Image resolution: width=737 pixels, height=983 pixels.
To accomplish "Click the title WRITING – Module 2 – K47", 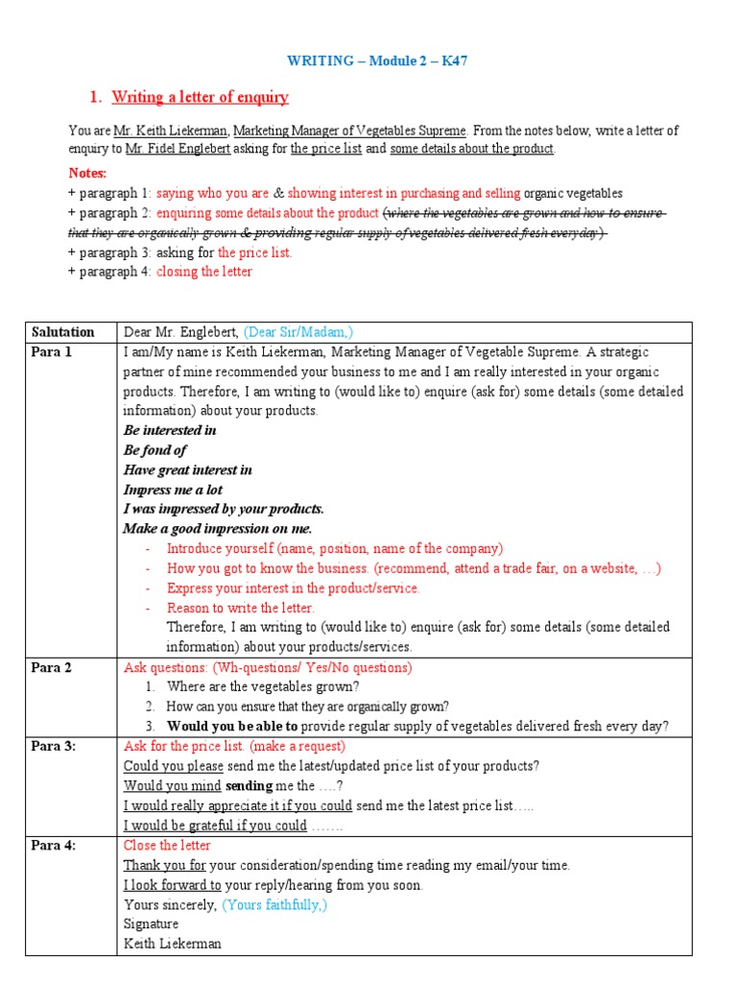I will pos(377,60).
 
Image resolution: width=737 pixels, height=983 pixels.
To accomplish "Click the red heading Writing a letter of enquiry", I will pos(200,97).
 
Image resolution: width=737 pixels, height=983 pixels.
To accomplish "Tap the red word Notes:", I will pos(87,173).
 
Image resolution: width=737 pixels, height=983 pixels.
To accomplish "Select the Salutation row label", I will pos(63,332).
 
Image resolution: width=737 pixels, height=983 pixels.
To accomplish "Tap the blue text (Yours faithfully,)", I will pos(274,904).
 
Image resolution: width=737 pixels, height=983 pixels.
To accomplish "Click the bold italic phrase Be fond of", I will pos(155,450).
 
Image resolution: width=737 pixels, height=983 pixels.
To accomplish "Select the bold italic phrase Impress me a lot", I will pos(173,490).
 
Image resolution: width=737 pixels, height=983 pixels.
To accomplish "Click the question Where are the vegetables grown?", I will pos(263,686).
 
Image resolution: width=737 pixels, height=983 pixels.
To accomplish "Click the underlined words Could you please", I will pos(174,766).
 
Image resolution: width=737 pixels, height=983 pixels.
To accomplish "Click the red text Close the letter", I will pos(167,845).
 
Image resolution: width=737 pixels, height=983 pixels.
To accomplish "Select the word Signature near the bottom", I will pos(151,923).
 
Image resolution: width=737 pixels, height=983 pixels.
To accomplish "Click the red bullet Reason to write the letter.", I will pos(240,608).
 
